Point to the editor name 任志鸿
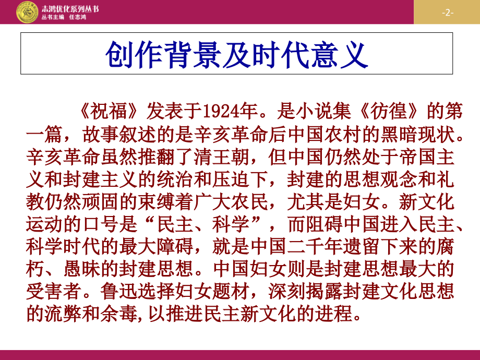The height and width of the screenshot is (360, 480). [x=77, y=17]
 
